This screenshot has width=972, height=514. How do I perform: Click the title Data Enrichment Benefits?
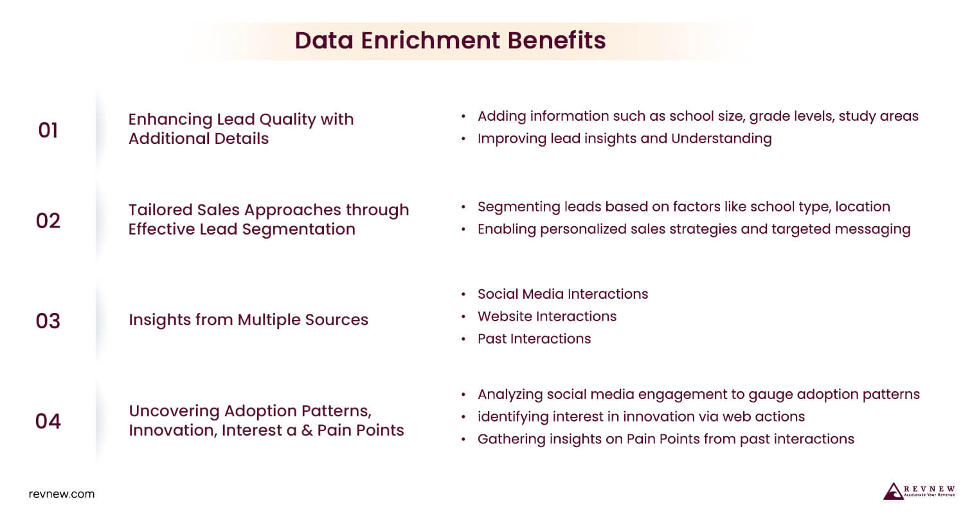pos(450,40)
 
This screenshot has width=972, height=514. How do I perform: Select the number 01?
pos(48,130)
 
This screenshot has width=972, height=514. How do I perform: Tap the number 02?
pos(48,220)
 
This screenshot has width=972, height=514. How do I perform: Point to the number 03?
pos(48,320)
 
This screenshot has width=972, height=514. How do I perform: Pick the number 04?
pos(48,421)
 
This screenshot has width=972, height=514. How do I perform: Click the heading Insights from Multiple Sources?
pos(248,320)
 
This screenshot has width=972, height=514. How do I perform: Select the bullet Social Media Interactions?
pos(562,294)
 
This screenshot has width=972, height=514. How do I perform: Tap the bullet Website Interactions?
pos(546,316)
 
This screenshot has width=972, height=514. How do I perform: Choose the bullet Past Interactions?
pos(534,339)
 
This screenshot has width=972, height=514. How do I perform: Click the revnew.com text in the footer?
pos(62,494)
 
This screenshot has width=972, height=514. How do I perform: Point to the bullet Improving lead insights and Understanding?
pos(624,138)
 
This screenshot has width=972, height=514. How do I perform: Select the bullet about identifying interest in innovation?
pos(641,416)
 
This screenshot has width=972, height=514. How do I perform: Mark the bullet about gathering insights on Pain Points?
pos(665,439)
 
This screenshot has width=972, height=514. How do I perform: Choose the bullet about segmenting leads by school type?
pos(683,207)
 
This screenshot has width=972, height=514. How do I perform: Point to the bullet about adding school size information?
pos(697,116)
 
